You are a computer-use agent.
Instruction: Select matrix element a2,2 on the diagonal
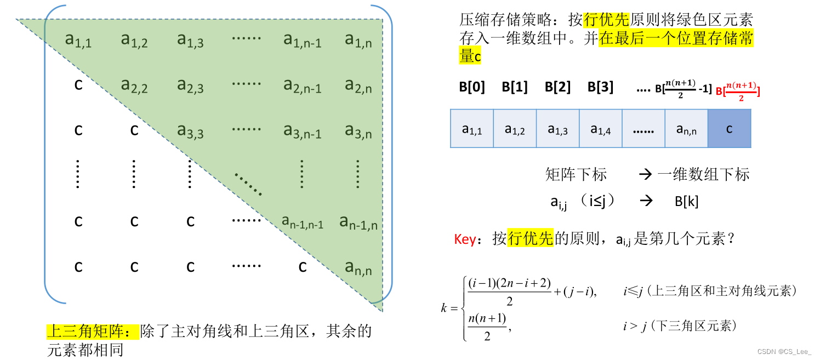[134, 85]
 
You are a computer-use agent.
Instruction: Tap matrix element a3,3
[190, 131]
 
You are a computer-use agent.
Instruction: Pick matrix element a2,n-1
[302, 85]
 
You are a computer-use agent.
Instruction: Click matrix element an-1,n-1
[302, 221]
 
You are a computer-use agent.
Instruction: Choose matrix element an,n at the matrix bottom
[358, 267]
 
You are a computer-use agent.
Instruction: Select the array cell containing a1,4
[601, 129]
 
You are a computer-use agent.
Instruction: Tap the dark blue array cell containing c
[729, 129]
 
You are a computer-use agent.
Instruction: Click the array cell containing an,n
[686, 129]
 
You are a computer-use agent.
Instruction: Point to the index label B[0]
[472, 87]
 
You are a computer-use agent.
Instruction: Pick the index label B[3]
[600, 87]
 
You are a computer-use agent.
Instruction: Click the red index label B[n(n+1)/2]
[738, 89]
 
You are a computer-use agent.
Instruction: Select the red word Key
[465, 239]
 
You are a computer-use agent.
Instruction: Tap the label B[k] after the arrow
[686, 201]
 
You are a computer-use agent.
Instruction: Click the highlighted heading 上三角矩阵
[93, 332]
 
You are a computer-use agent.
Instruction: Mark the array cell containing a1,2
[515, 129]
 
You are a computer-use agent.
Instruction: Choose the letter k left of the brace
[445, 308]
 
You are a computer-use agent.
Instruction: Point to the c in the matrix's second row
[78, 85]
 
